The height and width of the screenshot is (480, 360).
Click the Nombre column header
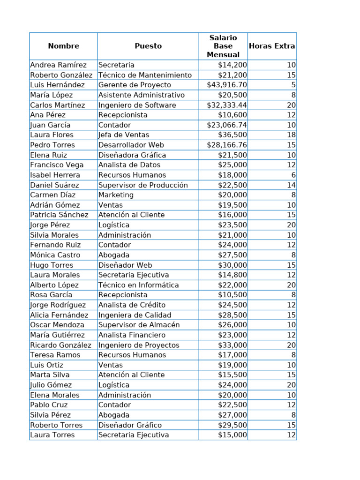[x=63, y=46]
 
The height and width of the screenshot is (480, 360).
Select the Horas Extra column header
[x=272, y=46]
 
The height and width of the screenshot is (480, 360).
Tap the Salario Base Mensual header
[x=223, y=46]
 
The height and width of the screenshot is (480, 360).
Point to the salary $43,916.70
[x=227, y=85]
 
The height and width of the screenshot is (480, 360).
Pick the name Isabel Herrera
[x=55, y=175]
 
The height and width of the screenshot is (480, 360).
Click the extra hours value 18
[x=291, y=135]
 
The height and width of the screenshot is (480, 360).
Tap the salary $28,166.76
[x=227, y=145]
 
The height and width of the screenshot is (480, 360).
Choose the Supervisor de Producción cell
[x=143, y=185]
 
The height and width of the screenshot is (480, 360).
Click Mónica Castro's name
[x=55, y=255]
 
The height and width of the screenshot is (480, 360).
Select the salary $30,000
[x=232, y=265]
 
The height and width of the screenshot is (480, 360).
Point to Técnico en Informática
[x=139, y=285]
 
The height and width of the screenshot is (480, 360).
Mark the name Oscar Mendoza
[x=57, y=325]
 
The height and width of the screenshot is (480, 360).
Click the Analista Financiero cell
[x=132, y=335]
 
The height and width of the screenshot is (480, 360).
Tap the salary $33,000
[x=232, y=345]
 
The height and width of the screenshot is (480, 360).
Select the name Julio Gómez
[x=51, y=385]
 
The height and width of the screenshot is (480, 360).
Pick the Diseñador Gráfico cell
[x=130, y=425]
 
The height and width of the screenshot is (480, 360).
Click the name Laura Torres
[x=52, y=435]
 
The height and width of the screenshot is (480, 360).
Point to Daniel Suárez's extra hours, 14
[x=291, y=185]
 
